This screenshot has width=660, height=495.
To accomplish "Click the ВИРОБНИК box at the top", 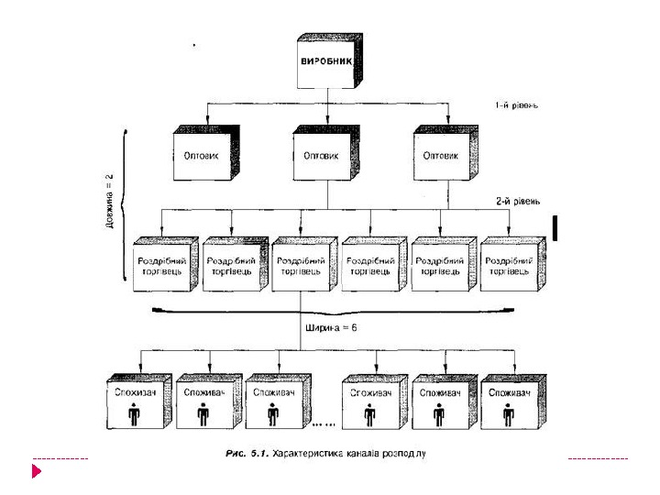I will [325, 63].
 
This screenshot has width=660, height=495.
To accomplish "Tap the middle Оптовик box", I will [324, 156].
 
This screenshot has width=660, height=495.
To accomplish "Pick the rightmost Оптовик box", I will [443, 156].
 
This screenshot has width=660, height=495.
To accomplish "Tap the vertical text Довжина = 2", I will [109, 200].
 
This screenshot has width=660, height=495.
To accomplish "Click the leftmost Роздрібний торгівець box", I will [164, 266].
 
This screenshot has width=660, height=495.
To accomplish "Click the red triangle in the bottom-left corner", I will [37, 472].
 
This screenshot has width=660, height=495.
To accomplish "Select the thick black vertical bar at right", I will [555, 227].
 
